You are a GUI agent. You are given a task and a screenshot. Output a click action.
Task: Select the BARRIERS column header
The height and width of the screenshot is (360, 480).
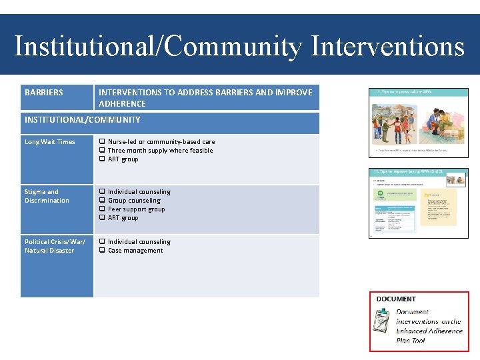pos(44,93)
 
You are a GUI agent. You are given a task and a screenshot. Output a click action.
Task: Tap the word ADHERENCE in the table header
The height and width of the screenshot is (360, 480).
pos(122,104)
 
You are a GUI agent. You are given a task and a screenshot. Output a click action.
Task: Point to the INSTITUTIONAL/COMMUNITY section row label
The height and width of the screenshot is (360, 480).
pos(83,120)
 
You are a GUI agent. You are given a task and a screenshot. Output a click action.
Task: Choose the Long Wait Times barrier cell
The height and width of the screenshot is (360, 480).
pos(50,142)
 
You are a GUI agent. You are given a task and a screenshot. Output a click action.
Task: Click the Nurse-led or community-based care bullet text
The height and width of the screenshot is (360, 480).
pos(161,142)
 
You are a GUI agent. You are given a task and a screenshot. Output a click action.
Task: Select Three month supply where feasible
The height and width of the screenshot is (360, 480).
pos(160,151)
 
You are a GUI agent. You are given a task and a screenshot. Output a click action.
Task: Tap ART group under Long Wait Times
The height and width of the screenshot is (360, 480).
pos(123,159)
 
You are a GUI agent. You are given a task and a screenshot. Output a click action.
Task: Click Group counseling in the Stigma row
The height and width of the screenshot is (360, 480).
pos(134,201)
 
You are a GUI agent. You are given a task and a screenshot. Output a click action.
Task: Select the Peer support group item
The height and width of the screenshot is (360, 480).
pos(136,209)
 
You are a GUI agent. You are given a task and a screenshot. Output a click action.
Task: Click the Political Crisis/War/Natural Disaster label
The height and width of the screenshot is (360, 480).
pos(55,246)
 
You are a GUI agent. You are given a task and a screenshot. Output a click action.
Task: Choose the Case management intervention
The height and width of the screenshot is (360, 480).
pos(135,251)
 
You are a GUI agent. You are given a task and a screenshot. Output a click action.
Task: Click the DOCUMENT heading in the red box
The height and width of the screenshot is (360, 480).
pos(396,299)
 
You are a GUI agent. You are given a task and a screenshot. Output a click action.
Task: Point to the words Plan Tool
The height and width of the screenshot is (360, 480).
pos(411,341)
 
